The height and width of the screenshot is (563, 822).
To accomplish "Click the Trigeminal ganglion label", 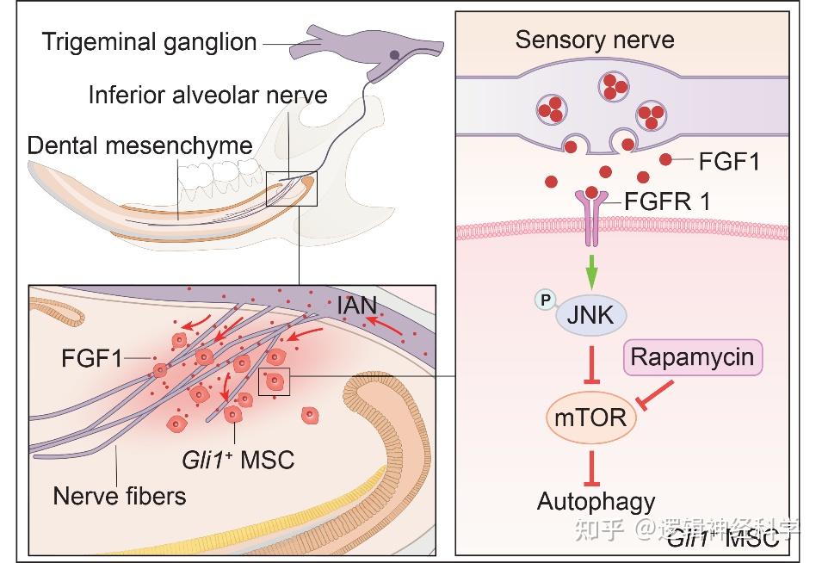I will coord(141,40).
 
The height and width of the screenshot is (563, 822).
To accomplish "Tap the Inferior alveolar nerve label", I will coord(207,94).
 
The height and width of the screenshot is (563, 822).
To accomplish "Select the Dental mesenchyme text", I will coord(139,145).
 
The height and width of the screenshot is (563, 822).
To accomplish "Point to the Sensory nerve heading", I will coord(594,40).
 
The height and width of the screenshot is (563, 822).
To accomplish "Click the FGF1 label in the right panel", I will coord(727,160).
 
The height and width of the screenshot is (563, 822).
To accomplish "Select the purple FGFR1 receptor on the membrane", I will coord(591,215).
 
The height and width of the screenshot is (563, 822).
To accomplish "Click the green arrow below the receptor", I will coord(591,274).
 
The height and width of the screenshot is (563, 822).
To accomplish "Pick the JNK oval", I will coord(591,315).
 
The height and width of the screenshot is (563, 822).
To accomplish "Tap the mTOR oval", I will coord(591,419).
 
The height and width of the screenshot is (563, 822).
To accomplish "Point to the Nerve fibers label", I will coord(119,496).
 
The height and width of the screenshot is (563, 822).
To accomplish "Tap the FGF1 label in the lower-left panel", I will coord(91,357).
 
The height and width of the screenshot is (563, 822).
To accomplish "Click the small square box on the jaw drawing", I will coord(292,189).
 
